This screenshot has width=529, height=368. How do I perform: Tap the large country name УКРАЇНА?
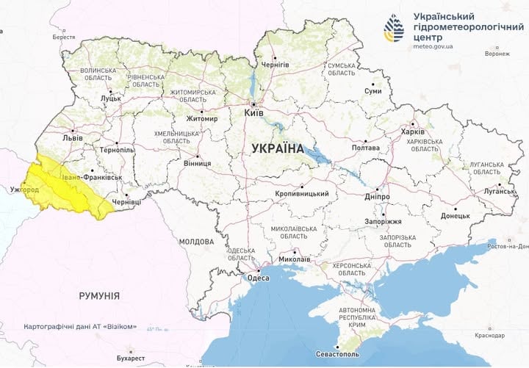coord(277,148)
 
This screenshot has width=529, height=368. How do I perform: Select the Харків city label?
coord(412,132)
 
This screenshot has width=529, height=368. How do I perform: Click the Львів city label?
coord(73,137)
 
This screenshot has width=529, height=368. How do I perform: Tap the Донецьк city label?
coord(455,216)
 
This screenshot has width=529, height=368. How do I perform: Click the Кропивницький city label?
coord(301,194)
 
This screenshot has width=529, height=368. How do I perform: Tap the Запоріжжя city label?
coord(383,221)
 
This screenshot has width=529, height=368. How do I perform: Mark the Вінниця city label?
coord(197,163)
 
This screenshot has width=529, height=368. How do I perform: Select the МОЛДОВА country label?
coord(196,241)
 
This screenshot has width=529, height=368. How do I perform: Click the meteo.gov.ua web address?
coord(433,46)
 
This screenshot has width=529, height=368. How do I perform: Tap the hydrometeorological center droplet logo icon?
coord(394,28)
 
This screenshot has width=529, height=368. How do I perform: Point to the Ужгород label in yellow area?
coord(24,190)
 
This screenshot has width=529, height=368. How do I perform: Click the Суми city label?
coord(373,91)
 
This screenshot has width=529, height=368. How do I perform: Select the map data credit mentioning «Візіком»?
coord(79,326)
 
